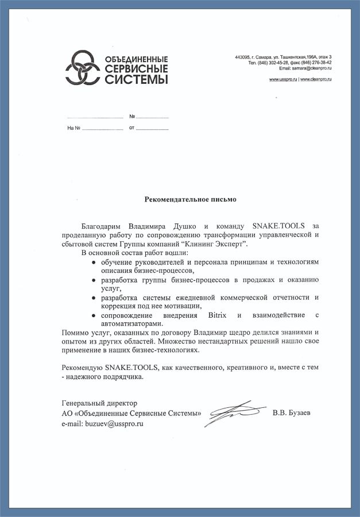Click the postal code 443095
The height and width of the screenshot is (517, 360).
pos(243,57)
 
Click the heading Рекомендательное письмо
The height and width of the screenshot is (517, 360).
pos(189,200)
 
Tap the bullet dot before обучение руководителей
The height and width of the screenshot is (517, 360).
pos(94,262)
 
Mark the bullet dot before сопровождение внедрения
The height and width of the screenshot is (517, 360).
pos(94,315)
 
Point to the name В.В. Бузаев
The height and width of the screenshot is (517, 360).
pos(292,413)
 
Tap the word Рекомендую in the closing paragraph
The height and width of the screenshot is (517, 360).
pos(82,367)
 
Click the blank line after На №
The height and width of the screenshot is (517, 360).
pos(103,129)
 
